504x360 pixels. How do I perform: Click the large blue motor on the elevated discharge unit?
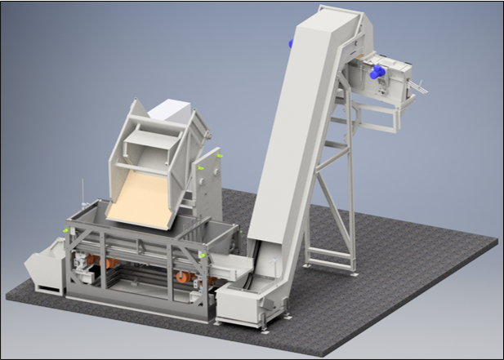[x=377, y=73]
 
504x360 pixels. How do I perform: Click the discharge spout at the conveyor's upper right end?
[x=421, y=85]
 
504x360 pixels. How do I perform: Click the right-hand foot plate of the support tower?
[x=353, y=272]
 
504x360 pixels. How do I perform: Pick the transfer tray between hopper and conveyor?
[x=232, y=266]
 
